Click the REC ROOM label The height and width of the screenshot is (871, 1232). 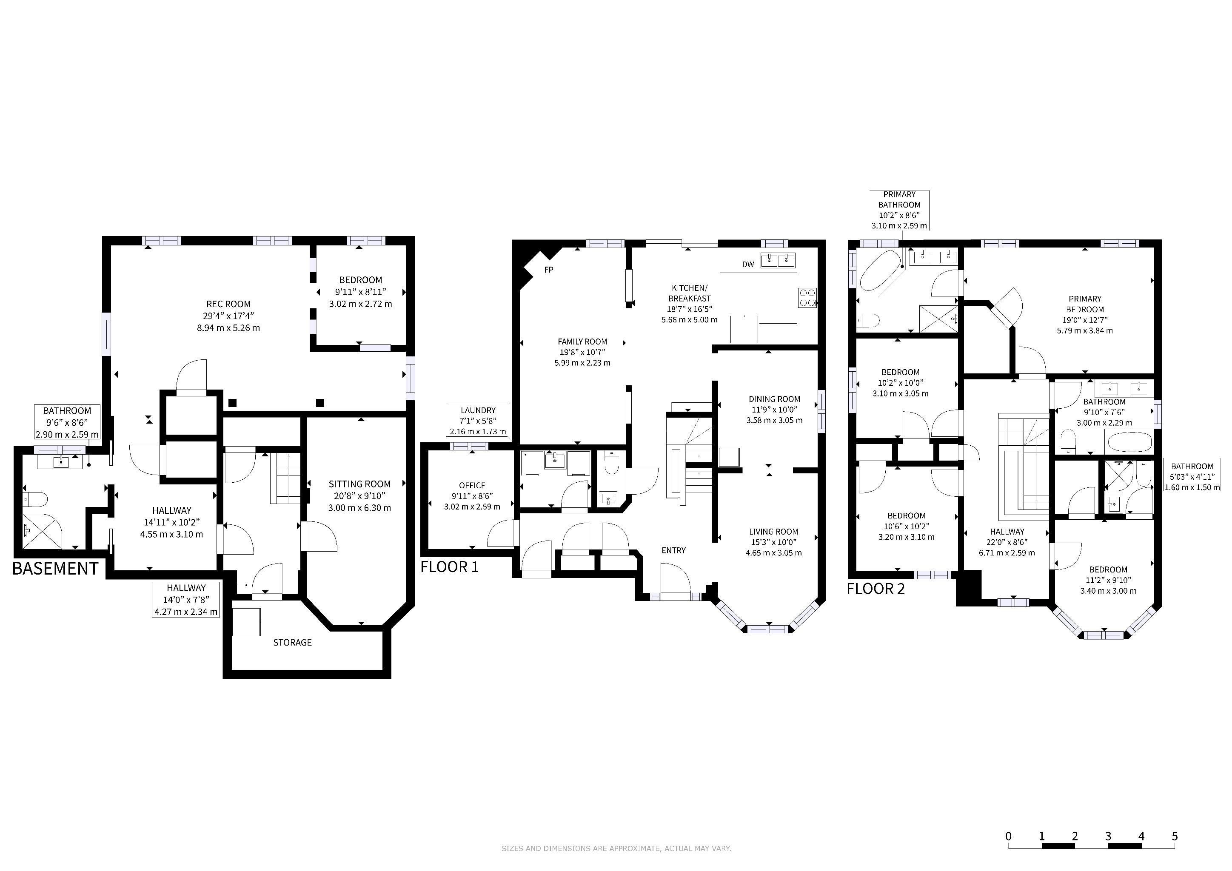(x=228, y=304)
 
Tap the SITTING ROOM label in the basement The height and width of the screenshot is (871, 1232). (x=359, y=484)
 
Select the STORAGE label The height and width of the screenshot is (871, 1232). (x=292, y=643)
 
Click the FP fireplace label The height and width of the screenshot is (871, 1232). (x=548, y=270)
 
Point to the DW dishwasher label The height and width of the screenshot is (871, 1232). (x=748, y=265)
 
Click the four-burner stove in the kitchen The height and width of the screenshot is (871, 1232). (x=807, y=298)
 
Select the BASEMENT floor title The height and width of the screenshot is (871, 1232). (x=55, y=569)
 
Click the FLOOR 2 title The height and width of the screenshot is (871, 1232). (x=876, y=589)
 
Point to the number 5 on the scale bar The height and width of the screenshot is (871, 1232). (x=1175, y=836)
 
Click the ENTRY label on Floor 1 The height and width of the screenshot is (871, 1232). (x=673, y=550)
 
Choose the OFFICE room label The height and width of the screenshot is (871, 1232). (x=472, y=485)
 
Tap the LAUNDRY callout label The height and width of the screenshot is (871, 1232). (x=478, y=410)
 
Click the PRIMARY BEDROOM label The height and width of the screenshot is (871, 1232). (x=1085, y=304)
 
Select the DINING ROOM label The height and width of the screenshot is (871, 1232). (x=774, y=399)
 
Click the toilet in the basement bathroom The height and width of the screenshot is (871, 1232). (x=35, y=499)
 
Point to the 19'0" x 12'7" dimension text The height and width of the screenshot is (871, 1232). (x=1085, y=320)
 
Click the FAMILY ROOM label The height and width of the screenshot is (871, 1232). (x=582, y=342)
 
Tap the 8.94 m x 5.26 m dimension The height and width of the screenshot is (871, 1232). (x=228, y=328)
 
